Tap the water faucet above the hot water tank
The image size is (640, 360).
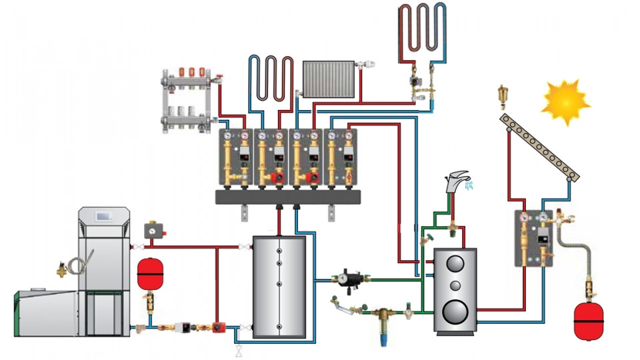pyautogui.click(x=457, y=179)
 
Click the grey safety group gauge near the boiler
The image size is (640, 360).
pyautogui.click(x=154, y=230)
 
